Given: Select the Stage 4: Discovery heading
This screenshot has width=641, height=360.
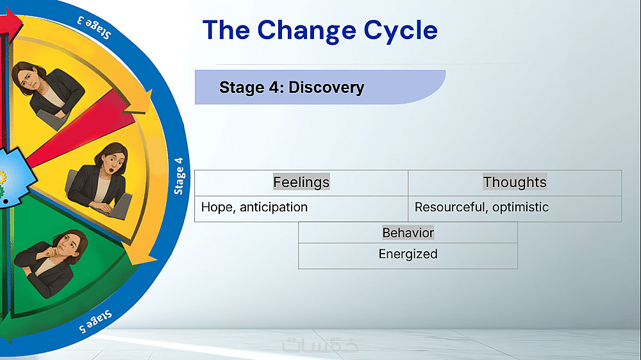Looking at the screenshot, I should tap(292, 87).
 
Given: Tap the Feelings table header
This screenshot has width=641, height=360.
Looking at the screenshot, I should tap(301, 182).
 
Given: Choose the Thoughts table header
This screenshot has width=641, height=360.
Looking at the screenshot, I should tap(515, 182).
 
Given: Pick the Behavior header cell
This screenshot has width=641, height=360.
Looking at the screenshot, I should tap(408, 233).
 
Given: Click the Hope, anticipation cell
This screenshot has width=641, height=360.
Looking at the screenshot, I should tap(254, 208).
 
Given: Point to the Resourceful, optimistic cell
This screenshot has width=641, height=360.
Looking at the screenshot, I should tap(481, 208).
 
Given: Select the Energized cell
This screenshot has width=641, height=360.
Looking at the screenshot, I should tap(408, 254).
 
